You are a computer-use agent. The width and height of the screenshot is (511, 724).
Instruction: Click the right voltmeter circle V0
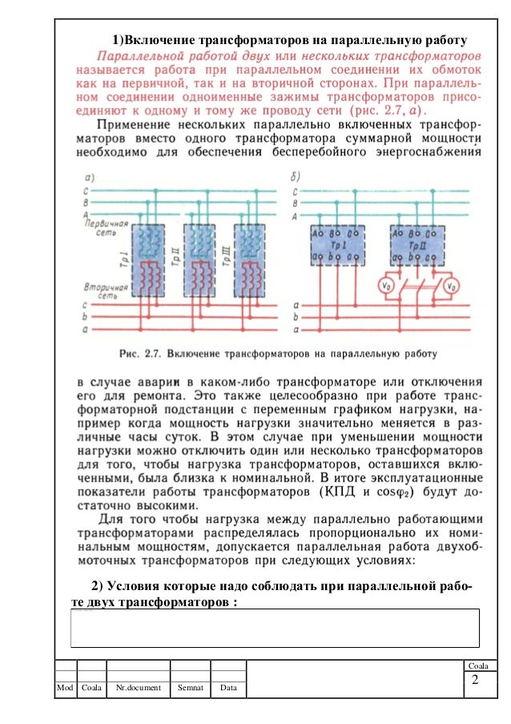pos(453,285)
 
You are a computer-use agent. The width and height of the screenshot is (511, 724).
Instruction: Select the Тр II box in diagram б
pos(417,244)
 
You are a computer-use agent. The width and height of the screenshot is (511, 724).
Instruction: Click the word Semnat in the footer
pos(190,688)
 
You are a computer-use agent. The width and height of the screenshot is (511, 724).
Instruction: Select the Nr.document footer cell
pos(139,688)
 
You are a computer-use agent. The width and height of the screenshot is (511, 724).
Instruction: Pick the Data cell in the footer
pos(228,688)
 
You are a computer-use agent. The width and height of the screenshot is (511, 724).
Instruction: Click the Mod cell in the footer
pos(64,688)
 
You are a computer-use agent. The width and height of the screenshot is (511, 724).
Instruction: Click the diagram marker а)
pos(89,177)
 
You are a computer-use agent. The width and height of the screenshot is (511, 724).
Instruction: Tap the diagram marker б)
pos(297,177)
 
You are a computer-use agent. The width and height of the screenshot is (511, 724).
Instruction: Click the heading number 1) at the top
pos(118,39)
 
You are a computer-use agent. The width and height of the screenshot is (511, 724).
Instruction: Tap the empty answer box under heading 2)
pos(275,627)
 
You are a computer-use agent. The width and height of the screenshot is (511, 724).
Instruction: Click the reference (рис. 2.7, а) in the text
pos(382,108)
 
